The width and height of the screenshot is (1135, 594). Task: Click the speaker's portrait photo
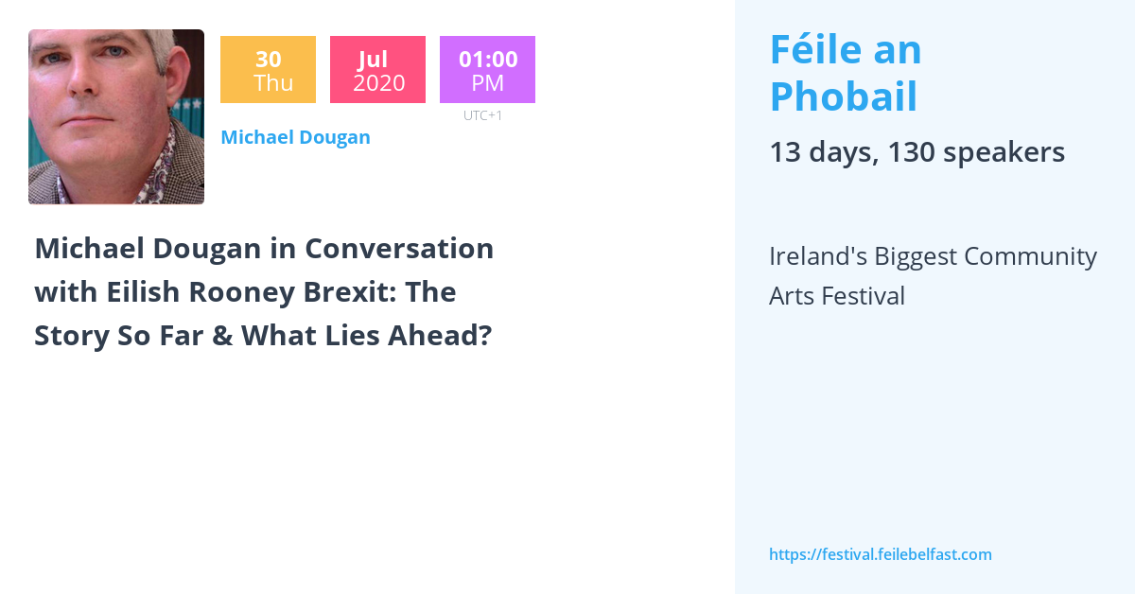pyautogui.click(x=116, y=116)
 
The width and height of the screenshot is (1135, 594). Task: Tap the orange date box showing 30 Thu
pyautogui.click(x=268, y=70)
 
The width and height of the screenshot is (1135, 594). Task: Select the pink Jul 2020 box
pyautogui.click(x=377, y=70)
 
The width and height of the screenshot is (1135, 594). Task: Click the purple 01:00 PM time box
pyautogui.click(x=487, y=70)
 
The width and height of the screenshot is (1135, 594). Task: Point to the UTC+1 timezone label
pyautogui.click(x=482, y=115)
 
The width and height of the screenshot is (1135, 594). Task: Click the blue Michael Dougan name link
pyautogui.click(x=295, y=137)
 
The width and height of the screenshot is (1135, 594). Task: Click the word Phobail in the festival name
pyautogui.click(x=843, y=96)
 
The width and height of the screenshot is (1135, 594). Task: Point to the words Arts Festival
pyautogui.click(x=836, y=296)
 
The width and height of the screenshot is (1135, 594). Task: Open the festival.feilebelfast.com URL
pyautogui.click(x=880, y=554)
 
